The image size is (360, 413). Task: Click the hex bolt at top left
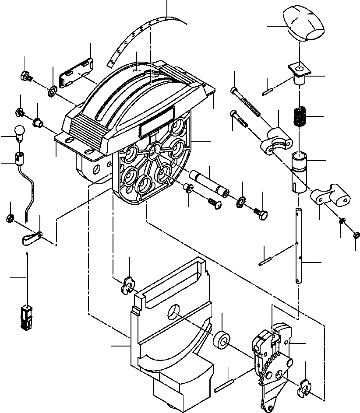point(25,76)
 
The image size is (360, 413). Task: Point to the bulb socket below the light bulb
point(19,157)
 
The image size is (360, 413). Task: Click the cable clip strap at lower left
point(31,238)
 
